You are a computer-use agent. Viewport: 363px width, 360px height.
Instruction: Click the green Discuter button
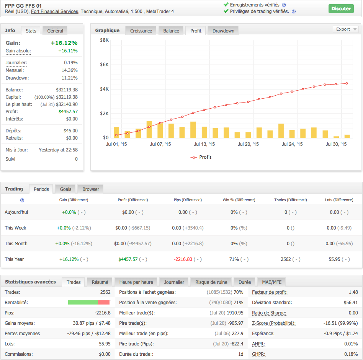[x=341, y=8]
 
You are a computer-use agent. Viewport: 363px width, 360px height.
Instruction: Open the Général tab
[x=55, y=31]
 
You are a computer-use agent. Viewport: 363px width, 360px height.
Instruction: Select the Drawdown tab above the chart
[x=223, y=31]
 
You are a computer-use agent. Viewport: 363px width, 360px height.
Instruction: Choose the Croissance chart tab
[x=141, y=31]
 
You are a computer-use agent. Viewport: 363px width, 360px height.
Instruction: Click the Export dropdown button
[x=345, y=29]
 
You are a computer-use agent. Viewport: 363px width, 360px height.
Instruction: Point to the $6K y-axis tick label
[x=104, y=65]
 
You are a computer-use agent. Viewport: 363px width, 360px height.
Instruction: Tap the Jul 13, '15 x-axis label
[x=204, y=145]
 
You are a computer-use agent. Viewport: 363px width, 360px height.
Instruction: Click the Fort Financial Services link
[x=54, y=11]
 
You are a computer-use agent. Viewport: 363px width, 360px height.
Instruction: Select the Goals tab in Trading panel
[x=65, y=189]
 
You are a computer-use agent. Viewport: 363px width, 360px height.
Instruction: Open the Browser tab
[x=91, y=189]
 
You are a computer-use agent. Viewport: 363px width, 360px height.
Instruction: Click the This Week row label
[x=15, y=228]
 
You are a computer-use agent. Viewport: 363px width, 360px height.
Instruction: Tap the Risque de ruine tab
[x=211, y=282]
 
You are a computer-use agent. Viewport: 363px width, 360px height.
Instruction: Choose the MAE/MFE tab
[x=271, y=282]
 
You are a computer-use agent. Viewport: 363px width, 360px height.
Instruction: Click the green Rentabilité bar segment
[x=83, y=302]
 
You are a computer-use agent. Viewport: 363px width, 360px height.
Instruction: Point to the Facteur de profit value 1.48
[x=353, y=292]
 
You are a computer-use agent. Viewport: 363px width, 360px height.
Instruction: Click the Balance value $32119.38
[x=67, y=90]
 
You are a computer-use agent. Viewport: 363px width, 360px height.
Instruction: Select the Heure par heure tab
[x=136, y=282]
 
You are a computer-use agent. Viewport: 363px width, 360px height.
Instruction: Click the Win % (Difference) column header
[x=239, y=200]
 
